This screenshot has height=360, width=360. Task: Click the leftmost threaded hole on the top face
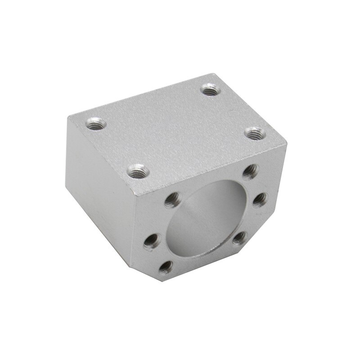click(94, 122)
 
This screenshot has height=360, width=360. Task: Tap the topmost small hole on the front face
click(251, 171)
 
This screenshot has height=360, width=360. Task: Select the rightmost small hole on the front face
click(259, 199)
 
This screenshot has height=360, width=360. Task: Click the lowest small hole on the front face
click(166, 267)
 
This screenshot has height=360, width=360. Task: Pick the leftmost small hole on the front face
click(152, 241)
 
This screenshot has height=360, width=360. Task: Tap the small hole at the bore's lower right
click(240, 237)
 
